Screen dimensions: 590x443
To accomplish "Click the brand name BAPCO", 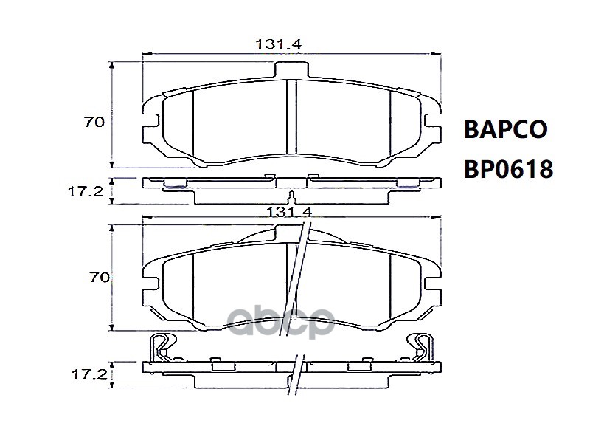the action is [x=506, y=129].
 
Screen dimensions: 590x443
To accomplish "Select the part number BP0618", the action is [x=509, y=169].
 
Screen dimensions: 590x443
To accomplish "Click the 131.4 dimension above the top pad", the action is [x=279, y=44].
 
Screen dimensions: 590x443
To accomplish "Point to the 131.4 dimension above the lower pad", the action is [x=289, y=212].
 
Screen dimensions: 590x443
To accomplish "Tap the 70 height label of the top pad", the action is [x=94, y=122].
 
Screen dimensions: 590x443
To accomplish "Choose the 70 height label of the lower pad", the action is [x=100, y=278].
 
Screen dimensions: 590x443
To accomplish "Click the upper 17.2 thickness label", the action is [x=86, y=192].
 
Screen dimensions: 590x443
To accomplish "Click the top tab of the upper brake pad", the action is [x=291, y=69].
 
